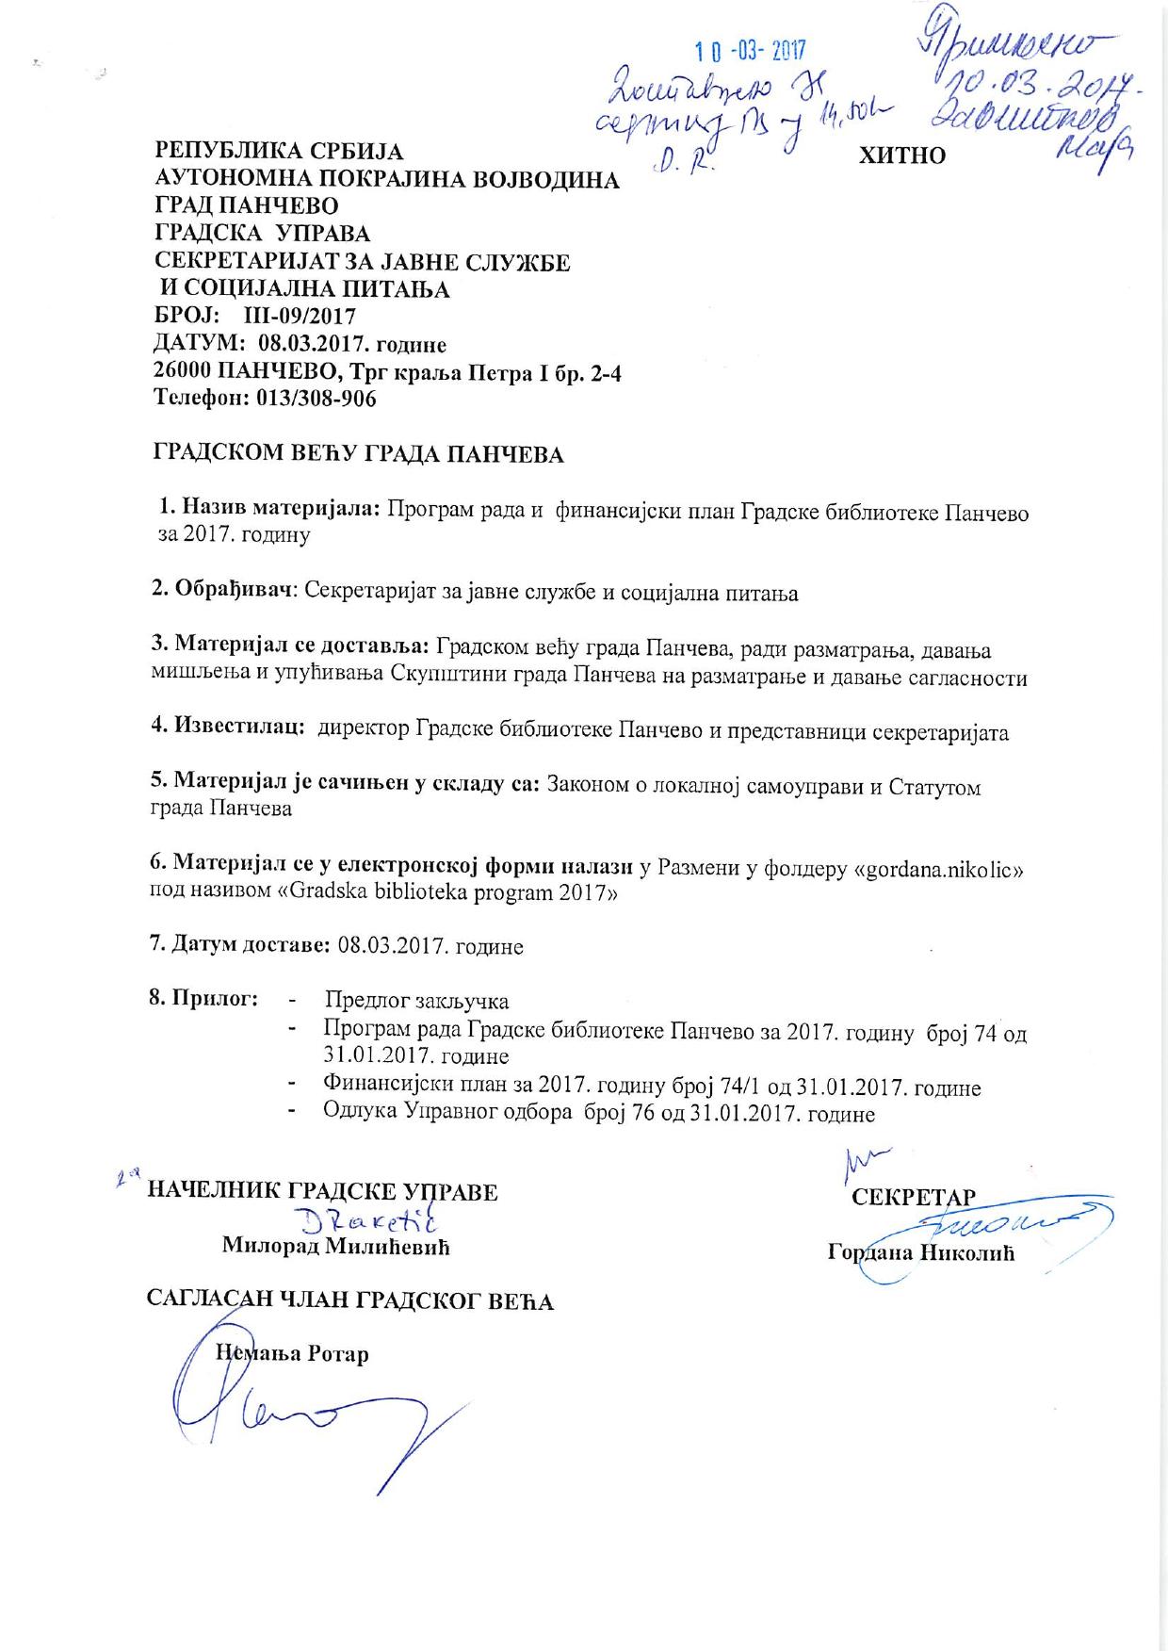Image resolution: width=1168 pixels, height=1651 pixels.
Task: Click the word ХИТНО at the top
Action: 901,156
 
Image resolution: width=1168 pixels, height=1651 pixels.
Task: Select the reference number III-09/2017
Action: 300,316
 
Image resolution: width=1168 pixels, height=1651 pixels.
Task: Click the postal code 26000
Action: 185,371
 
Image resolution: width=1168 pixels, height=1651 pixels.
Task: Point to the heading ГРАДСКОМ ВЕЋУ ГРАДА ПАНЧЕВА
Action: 358,455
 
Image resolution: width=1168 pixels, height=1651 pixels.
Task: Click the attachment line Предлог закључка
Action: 416,1001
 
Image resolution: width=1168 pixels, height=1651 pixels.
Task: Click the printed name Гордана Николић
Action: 920,1253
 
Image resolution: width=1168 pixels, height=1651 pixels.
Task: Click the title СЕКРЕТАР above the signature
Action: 913,1198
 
